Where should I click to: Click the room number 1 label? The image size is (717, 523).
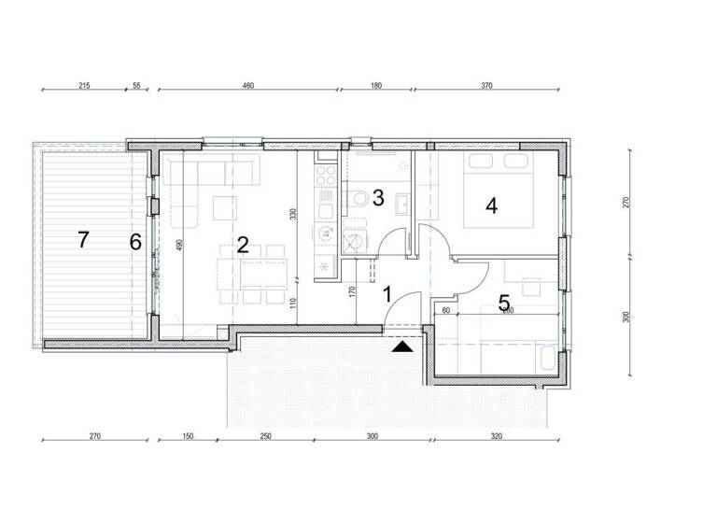click(x=387, y=294)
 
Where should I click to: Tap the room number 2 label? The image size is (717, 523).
click(x=243, y=246)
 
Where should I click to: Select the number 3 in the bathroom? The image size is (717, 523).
click(x=378, y=197)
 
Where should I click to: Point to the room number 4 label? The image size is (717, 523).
click(x=492, y=205)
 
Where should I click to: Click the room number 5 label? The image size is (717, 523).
click(x=504, y=304)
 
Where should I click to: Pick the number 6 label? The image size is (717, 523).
click(x=135, y=242)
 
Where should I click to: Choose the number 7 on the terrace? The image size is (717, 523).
click(x=83, y=240)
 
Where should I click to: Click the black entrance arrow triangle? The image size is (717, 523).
click(x=401, y=347)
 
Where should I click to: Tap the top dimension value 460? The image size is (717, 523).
click(x=248, y=85)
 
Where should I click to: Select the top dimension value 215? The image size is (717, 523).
click(x=84, y=85)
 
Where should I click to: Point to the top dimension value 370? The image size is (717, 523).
click(x=486, y=85)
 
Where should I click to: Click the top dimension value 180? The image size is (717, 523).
click(x=375, y=85)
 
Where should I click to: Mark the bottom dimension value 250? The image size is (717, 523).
click(x=265, y=436)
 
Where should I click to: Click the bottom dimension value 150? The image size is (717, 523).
click(x=187, y=436)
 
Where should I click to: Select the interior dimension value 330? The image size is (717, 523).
click(x=292, y=214)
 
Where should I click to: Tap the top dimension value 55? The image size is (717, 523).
click(x=136, y=85)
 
